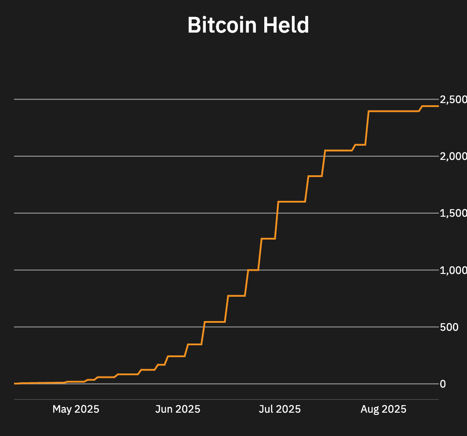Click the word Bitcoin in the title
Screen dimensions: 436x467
tap(222, 26)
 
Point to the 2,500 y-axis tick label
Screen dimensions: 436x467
tap(453, 100)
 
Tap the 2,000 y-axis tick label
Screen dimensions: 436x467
tap(453, 156)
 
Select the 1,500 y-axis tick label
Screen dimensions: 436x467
tap(453, 213)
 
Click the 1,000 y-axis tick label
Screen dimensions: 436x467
tap(453, 270)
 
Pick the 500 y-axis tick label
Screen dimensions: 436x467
tap(449, 327)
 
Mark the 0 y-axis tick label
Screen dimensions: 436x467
tap(443, 384)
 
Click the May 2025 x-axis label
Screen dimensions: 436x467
tap(76, 409)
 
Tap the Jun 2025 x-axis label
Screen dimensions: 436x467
tap(178, 409)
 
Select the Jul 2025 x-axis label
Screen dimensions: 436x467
tap(280, 409)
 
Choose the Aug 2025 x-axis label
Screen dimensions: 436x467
tap(383, 409)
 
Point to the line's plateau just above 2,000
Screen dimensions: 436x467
tap(338, 151)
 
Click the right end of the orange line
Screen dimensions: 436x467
tap(438, 106)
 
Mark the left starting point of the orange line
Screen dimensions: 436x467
tap(15, 384)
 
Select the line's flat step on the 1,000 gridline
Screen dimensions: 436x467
tap(253, 270)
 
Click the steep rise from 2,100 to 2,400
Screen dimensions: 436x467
tap(367, 128)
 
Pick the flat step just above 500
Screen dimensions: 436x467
tap(215, 322)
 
